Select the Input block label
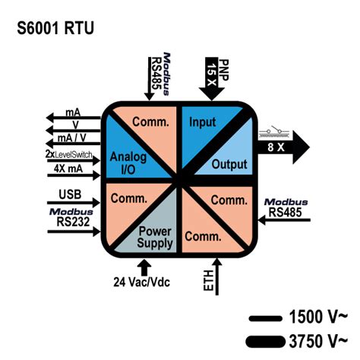click(x=203, y=122)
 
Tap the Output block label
click(x=230, y=163)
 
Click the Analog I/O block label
click(x=127, y=163)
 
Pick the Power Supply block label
click(x=156, y=238)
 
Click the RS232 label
click(x=71, y=223)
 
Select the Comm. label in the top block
click(x=150, y=122)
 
